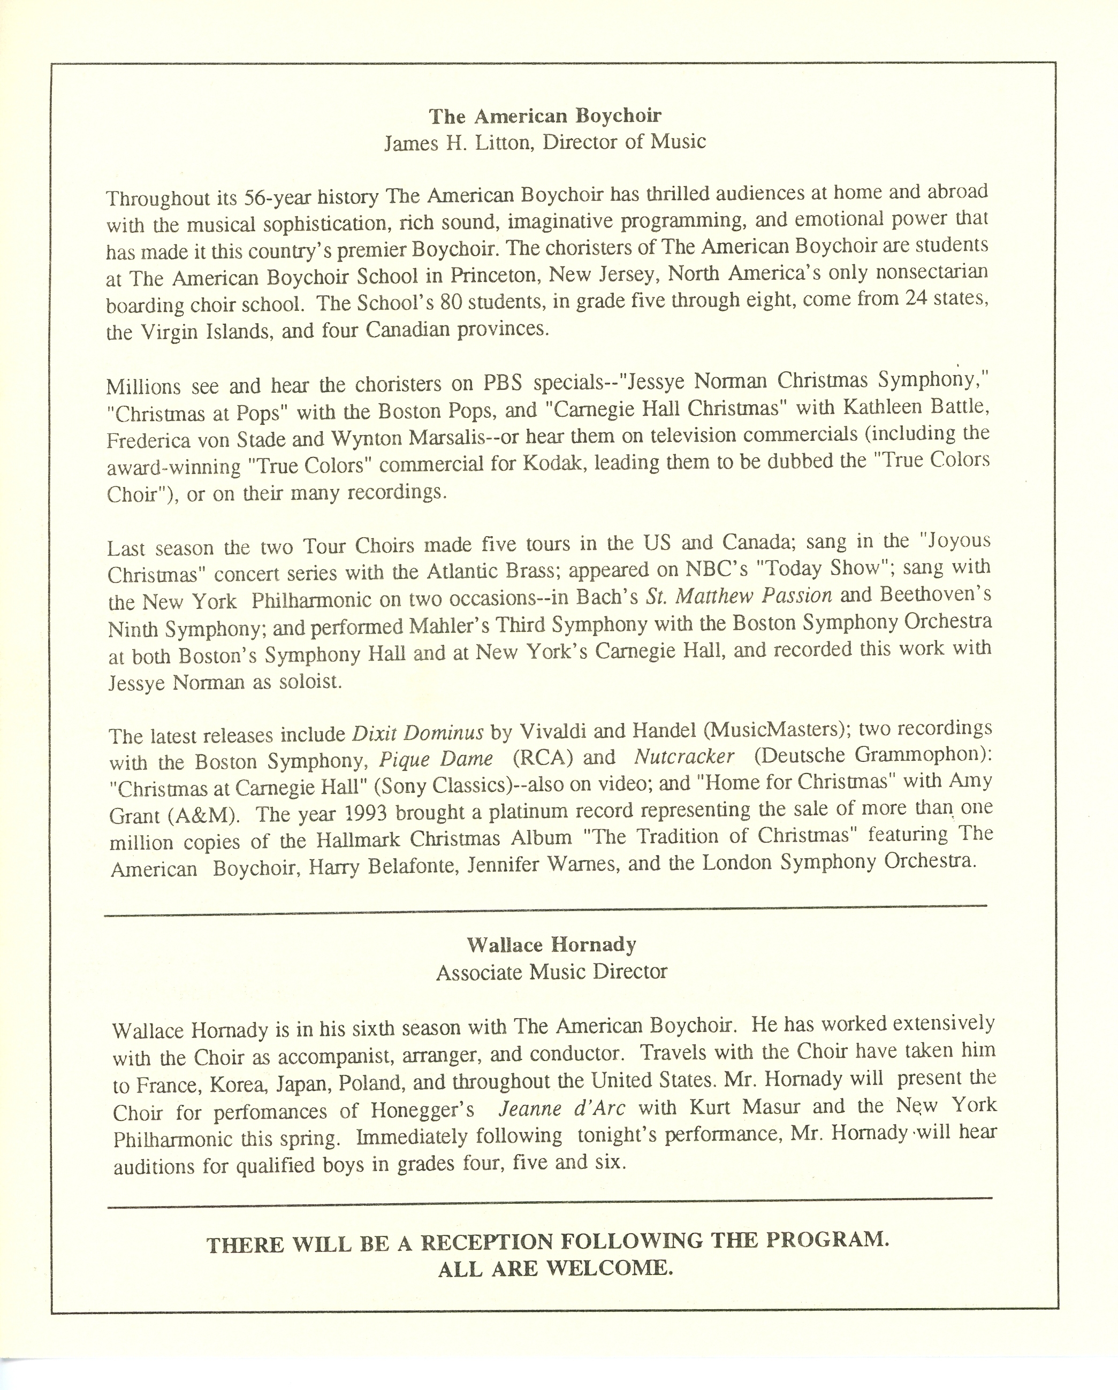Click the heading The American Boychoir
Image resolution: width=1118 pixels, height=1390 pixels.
pos(545,116)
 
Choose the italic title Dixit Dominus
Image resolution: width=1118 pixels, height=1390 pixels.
pos(418,734)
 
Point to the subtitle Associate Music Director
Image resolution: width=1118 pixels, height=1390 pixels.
pos(551,972)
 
